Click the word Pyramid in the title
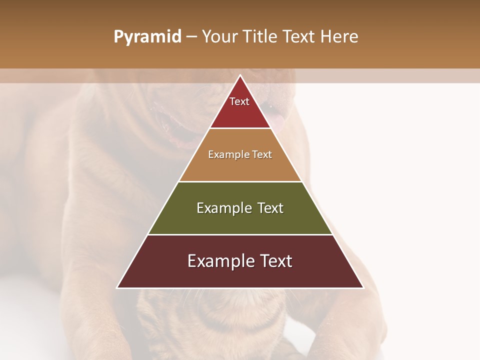coord(147,37)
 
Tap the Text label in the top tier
coord(239,101)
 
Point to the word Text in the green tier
coord(270,208)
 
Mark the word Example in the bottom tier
coord(220,261)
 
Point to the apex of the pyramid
coord(240,76)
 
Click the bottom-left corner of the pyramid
coord(118,287)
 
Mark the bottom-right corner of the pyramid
coord(362,287)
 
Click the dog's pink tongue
coord(277,120)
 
